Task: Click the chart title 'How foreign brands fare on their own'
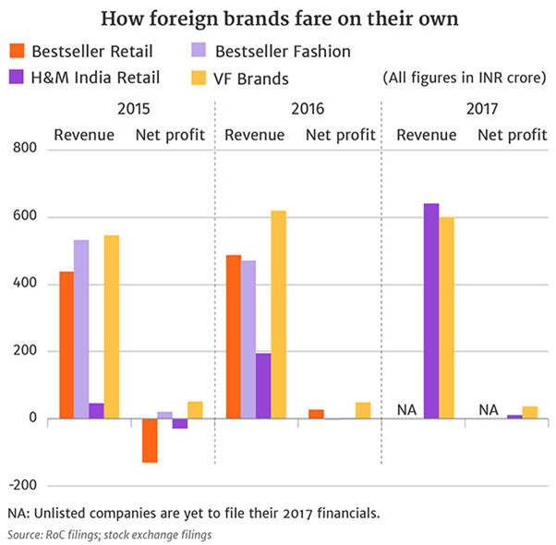click(278, 18)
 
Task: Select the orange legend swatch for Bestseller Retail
click(16, 51)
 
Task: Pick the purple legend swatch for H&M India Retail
click(16, 77)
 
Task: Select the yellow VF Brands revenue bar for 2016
click(278, 314)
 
